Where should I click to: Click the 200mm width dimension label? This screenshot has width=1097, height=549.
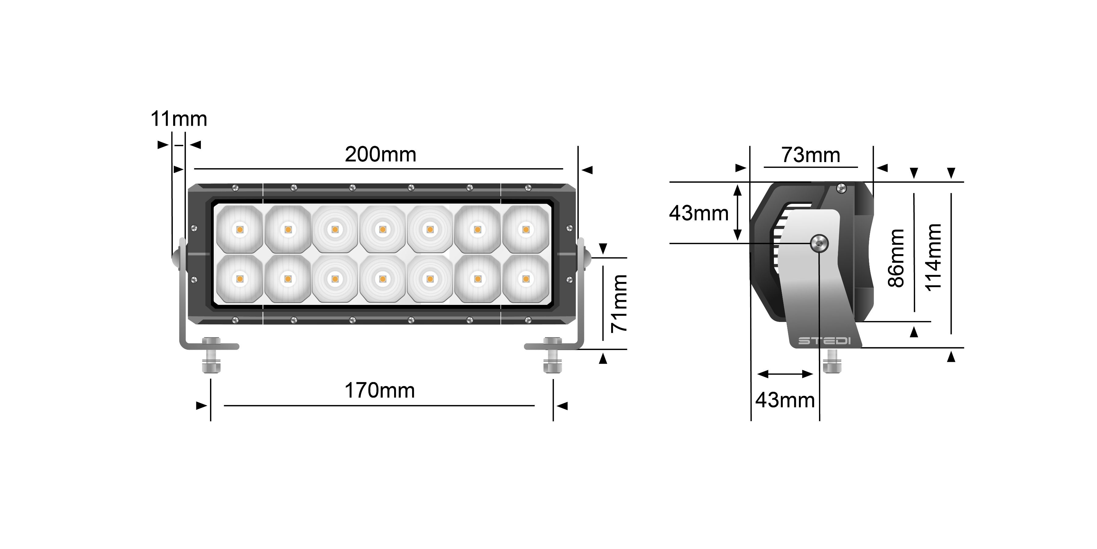click(380, 154)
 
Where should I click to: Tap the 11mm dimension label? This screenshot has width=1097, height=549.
click(179, 119)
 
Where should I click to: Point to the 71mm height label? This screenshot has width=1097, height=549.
click(619, 303)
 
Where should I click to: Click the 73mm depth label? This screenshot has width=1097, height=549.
click(811, 155)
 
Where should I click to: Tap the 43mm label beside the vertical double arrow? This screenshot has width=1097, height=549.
click(699, 213)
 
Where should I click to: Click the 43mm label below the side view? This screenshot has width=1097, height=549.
click(785, 400)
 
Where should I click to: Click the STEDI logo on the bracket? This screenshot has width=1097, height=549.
click(824, 341)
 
